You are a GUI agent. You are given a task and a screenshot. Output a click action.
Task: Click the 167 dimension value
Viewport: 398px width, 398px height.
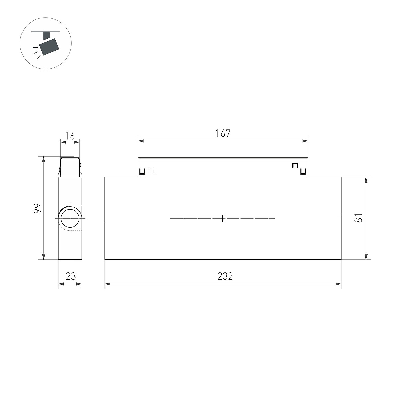(223, 133)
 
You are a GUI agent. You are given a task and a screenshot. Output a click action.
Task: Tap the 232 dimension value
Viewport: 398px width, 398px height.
(225, 276)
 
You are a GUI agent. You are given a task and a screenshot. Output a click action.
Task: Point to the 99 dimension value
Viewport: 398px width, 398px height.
(38, 208)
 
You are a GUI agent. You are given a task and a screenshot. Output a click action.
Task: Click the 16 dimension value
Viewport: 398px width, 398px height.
(70, 136)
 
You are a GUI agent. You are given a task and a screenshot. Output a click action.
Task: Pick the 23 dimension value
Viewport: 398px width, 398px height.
(71, 276)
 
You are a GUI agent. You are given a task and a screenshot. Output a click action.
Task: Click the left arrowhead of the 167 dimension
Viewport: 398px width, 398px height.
(141, 141)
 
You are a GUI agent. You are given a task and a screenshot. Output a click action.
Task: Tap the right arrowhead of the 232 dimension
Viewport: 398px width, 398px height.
(338, 284)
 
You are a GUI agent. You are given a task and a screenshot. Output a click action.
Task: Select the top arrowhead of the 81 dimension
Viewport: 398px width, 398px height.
(366, 180)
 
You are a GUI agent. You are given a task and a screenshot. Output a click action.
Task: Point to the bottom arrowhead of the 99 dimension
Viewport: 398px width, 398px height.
(43, 256)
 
